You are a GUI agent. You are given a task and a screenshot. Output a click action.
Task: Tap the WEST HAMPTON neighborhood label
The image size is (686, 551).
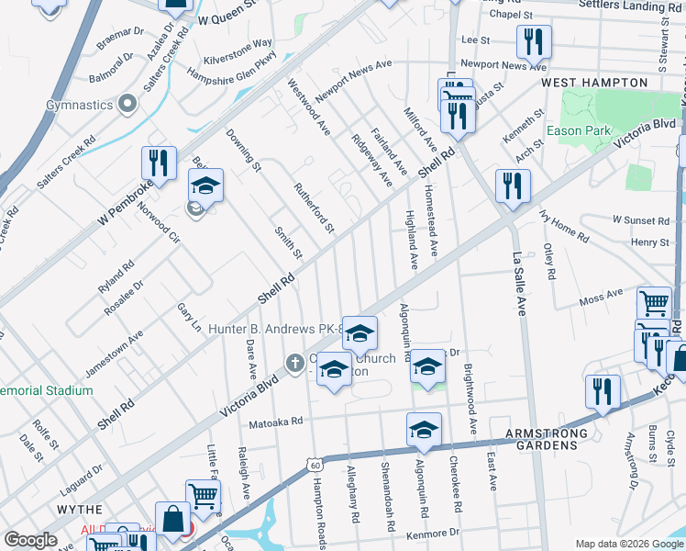[594, 83]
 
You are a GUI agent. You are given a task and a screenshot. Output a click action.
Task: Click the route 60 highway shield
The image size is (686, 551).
[315, 465]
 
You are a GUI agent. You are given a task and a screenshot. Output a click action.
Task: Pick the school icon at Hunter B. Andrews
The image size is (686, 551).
[360, 332]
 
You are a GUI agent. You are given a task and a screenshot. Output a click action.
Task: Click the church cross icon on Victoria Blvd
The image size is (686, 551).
[295, 363]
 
